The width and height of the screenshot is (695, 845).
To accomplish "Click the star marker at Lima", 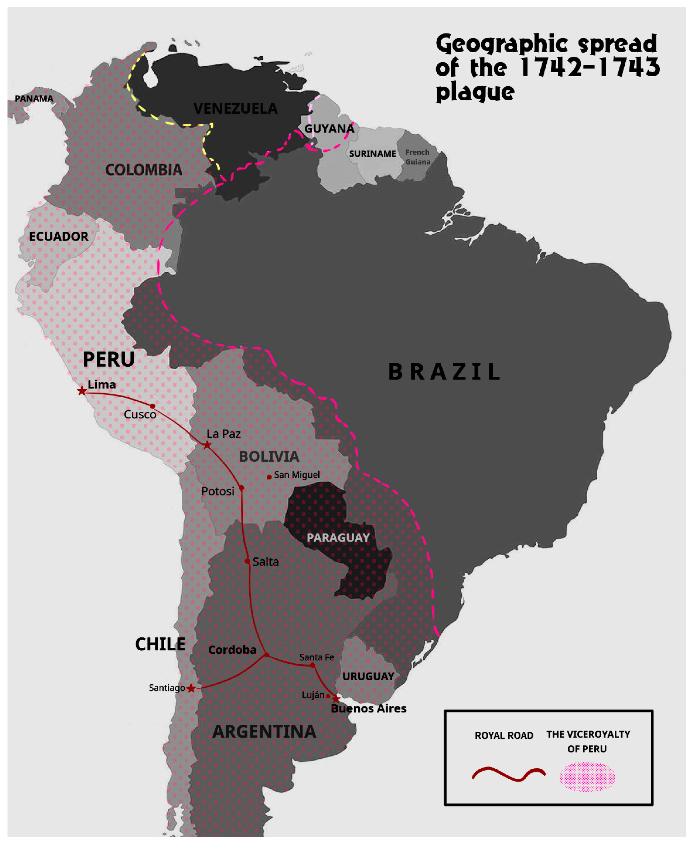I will [82, 391].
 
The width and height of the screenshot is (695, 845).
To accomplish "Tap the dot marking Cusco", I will [152, 406].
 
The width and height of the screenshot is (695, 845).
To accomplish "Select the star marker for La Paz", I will [206, 445].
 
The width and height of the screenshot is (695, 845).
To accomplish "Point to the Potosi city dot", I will [241, 488].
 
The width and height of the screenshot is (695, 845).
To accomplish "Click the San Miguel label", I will [297, 475].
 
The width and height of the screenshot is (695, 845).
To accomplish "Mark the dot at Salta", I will [247, 561].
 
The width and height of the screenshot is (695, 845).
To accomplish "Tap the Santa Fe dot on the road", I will [313, 666].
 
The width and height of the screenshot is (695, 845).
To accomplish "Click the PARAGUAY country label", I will [338, 538].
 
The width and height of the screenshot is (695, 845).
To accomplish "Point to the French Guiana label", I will [418, 157].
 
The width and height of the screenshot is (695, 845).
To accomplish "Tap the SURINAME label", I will [372, 154].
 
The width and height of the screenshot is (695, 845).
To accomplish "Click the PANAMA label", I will [34, 98].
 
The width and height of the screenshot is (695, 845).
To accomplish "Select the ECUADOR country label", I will [59, 236].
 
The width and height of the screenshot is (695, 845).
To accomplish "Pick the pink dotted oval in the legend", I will [587, 777].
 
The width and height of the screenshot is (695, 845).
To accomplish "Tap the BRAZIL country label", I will [444, 372].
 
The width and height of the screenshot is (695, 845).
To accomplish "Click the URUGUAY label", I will [368, 676].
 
